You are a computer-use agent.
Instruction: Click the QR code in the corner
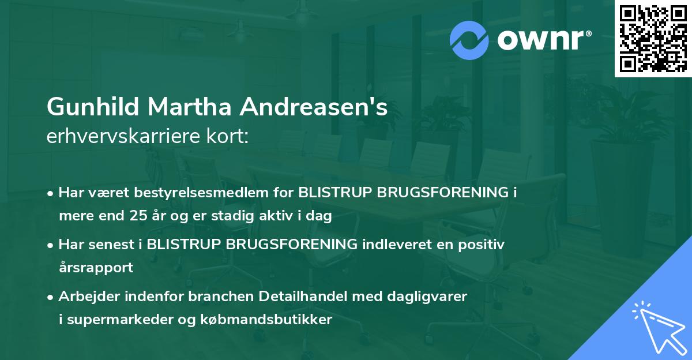653,39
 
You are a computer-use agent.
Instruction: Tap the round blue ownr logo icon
469,40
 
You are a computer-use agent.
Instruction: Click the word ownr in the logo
543,39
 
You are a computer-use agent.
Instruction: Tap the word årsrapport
96,268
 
